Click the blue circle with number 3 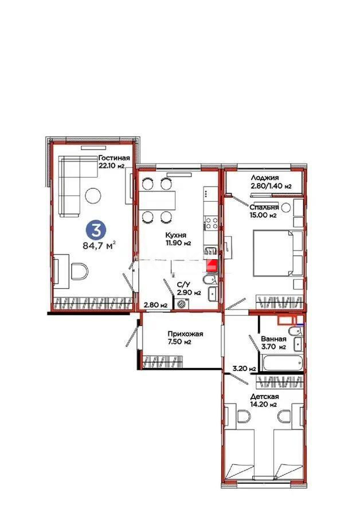pos(95,230)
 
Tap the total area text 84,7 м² pos(99,248)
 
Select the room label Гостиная pos(114,158)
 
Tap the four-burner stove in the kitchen pos(210,223)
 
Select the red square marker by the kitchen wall pos(213,265)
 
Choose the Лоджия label pos(264,178)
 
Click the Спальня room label pos(264,207)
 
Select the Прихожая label pos(186,334)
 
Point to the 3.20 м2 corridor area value pos(242,369)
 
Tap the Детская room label pos(264,396)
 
